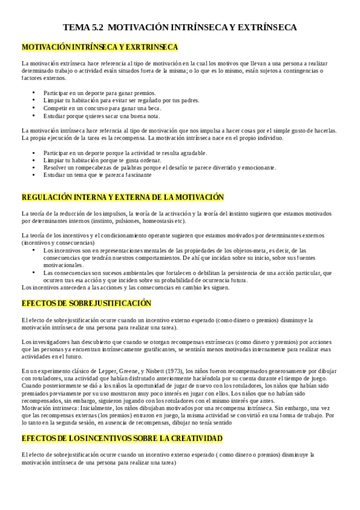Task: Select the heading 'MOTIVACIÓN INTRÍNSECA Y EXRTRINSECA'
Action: pos(100,47)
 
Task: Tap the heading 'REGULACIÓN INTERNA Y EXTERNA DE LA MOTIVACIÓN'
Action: pos(122,197)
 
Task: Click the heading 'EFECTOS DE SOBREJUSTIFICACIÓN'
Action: pos(86,303)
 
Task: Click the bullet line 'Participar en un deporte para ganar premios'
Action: pos(100,93)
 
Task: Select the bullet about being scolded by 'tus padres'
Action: pos(121,100)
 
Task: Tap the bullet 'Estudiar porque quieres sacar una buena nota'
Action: pos(102,115)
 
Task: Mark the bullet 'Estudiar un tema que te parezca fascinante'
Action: pos(97,175)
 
